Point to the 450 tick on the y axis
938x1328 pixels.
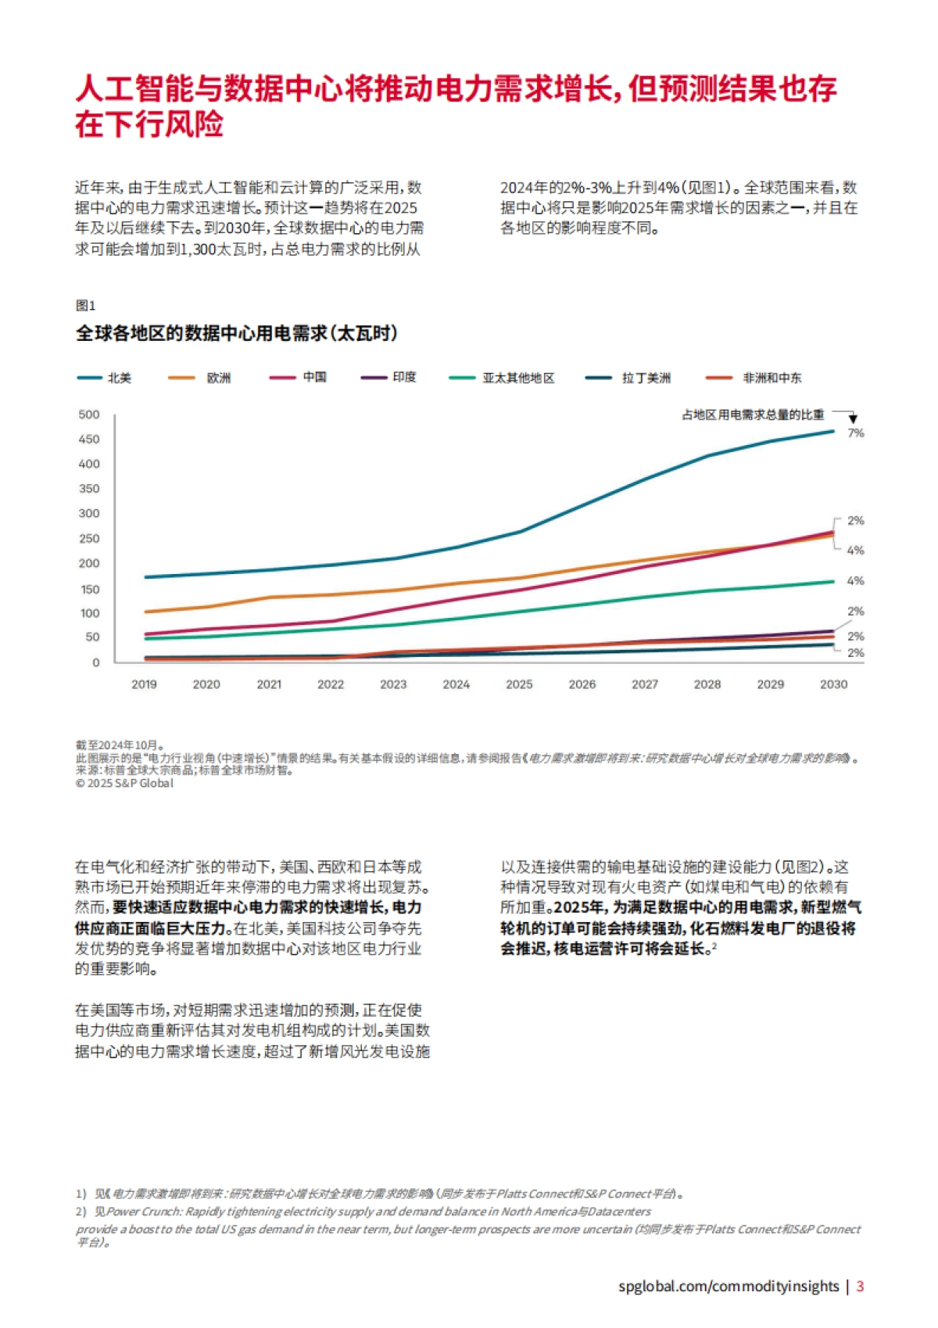pyautogui.click(x=89, y=439)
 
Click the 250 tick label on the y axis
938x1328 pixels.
pyautogui.click(x=89, y=538)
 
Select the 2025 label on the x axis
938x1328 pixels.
pyautogui.click(x=519, y=684)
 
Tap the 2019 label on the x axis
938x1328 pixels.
pyautogui.click(x=144, y=684)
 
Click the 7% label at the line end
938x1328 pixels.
pyautogui.click(x=856, y=432)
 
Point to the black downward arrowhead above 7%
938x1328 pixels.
pyautogui.click(x=853, y=420)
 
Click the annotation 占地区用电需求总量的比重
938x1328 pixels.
pyautogui.click(x=753, y=415)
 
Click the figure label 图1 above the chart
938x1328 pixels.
pyautogui.click(x=85, y=305)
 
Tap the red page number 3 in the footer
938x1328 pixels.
pyautogui.click(x=860, y=1286)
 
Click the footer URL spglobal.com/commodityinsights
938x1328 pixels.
pyautogui.click(x=728, y=1286)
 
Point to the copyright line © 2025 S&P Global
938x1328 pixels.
pyautogui.click(x=124, y=783)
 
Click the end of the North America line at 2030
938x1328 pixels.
pyautogui.click(x=832, y=431)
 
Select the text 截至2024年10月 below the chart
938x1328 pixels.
pyautogui.click(x=118, y=745)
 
